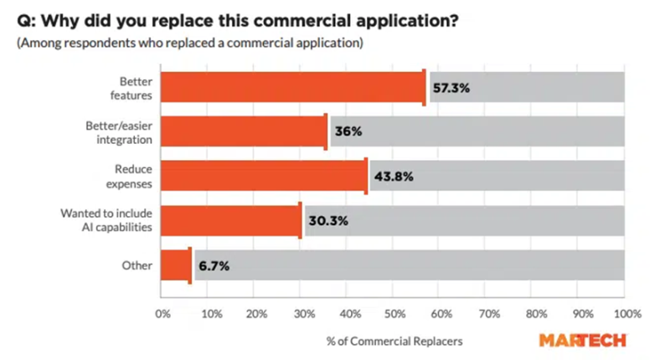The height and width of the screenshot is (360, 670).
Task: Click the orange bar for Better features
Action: pyautogui.click(x=292, y=87)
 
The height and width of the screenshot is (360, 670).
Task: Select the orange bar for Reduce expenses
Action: pyautogui.click(x=264, y=177)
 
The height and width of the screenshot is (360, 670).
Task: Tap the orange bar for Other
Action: pyautogui.click(x=176, y=265)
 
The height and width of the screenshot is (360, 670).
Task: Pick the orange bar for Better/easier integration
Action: pyautogui.click(x=243, y=132)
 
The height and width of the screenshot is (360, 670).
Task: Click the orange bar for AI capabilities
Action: pyautogui.click(x=230, y=221)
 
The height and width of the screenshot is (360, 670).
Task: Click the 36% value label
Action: pyautogui.click(x=347, y=132)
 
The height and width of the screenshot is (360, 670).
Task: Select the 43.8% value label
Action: pyautogui.click(x=393, y=177)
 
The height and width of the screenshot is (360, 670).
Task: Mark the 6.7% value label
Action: pyautogui.click(x=213, y=265)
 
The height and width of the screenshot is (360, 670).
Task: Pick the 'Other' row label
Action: pyautogui.click(x=137, y=265)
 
